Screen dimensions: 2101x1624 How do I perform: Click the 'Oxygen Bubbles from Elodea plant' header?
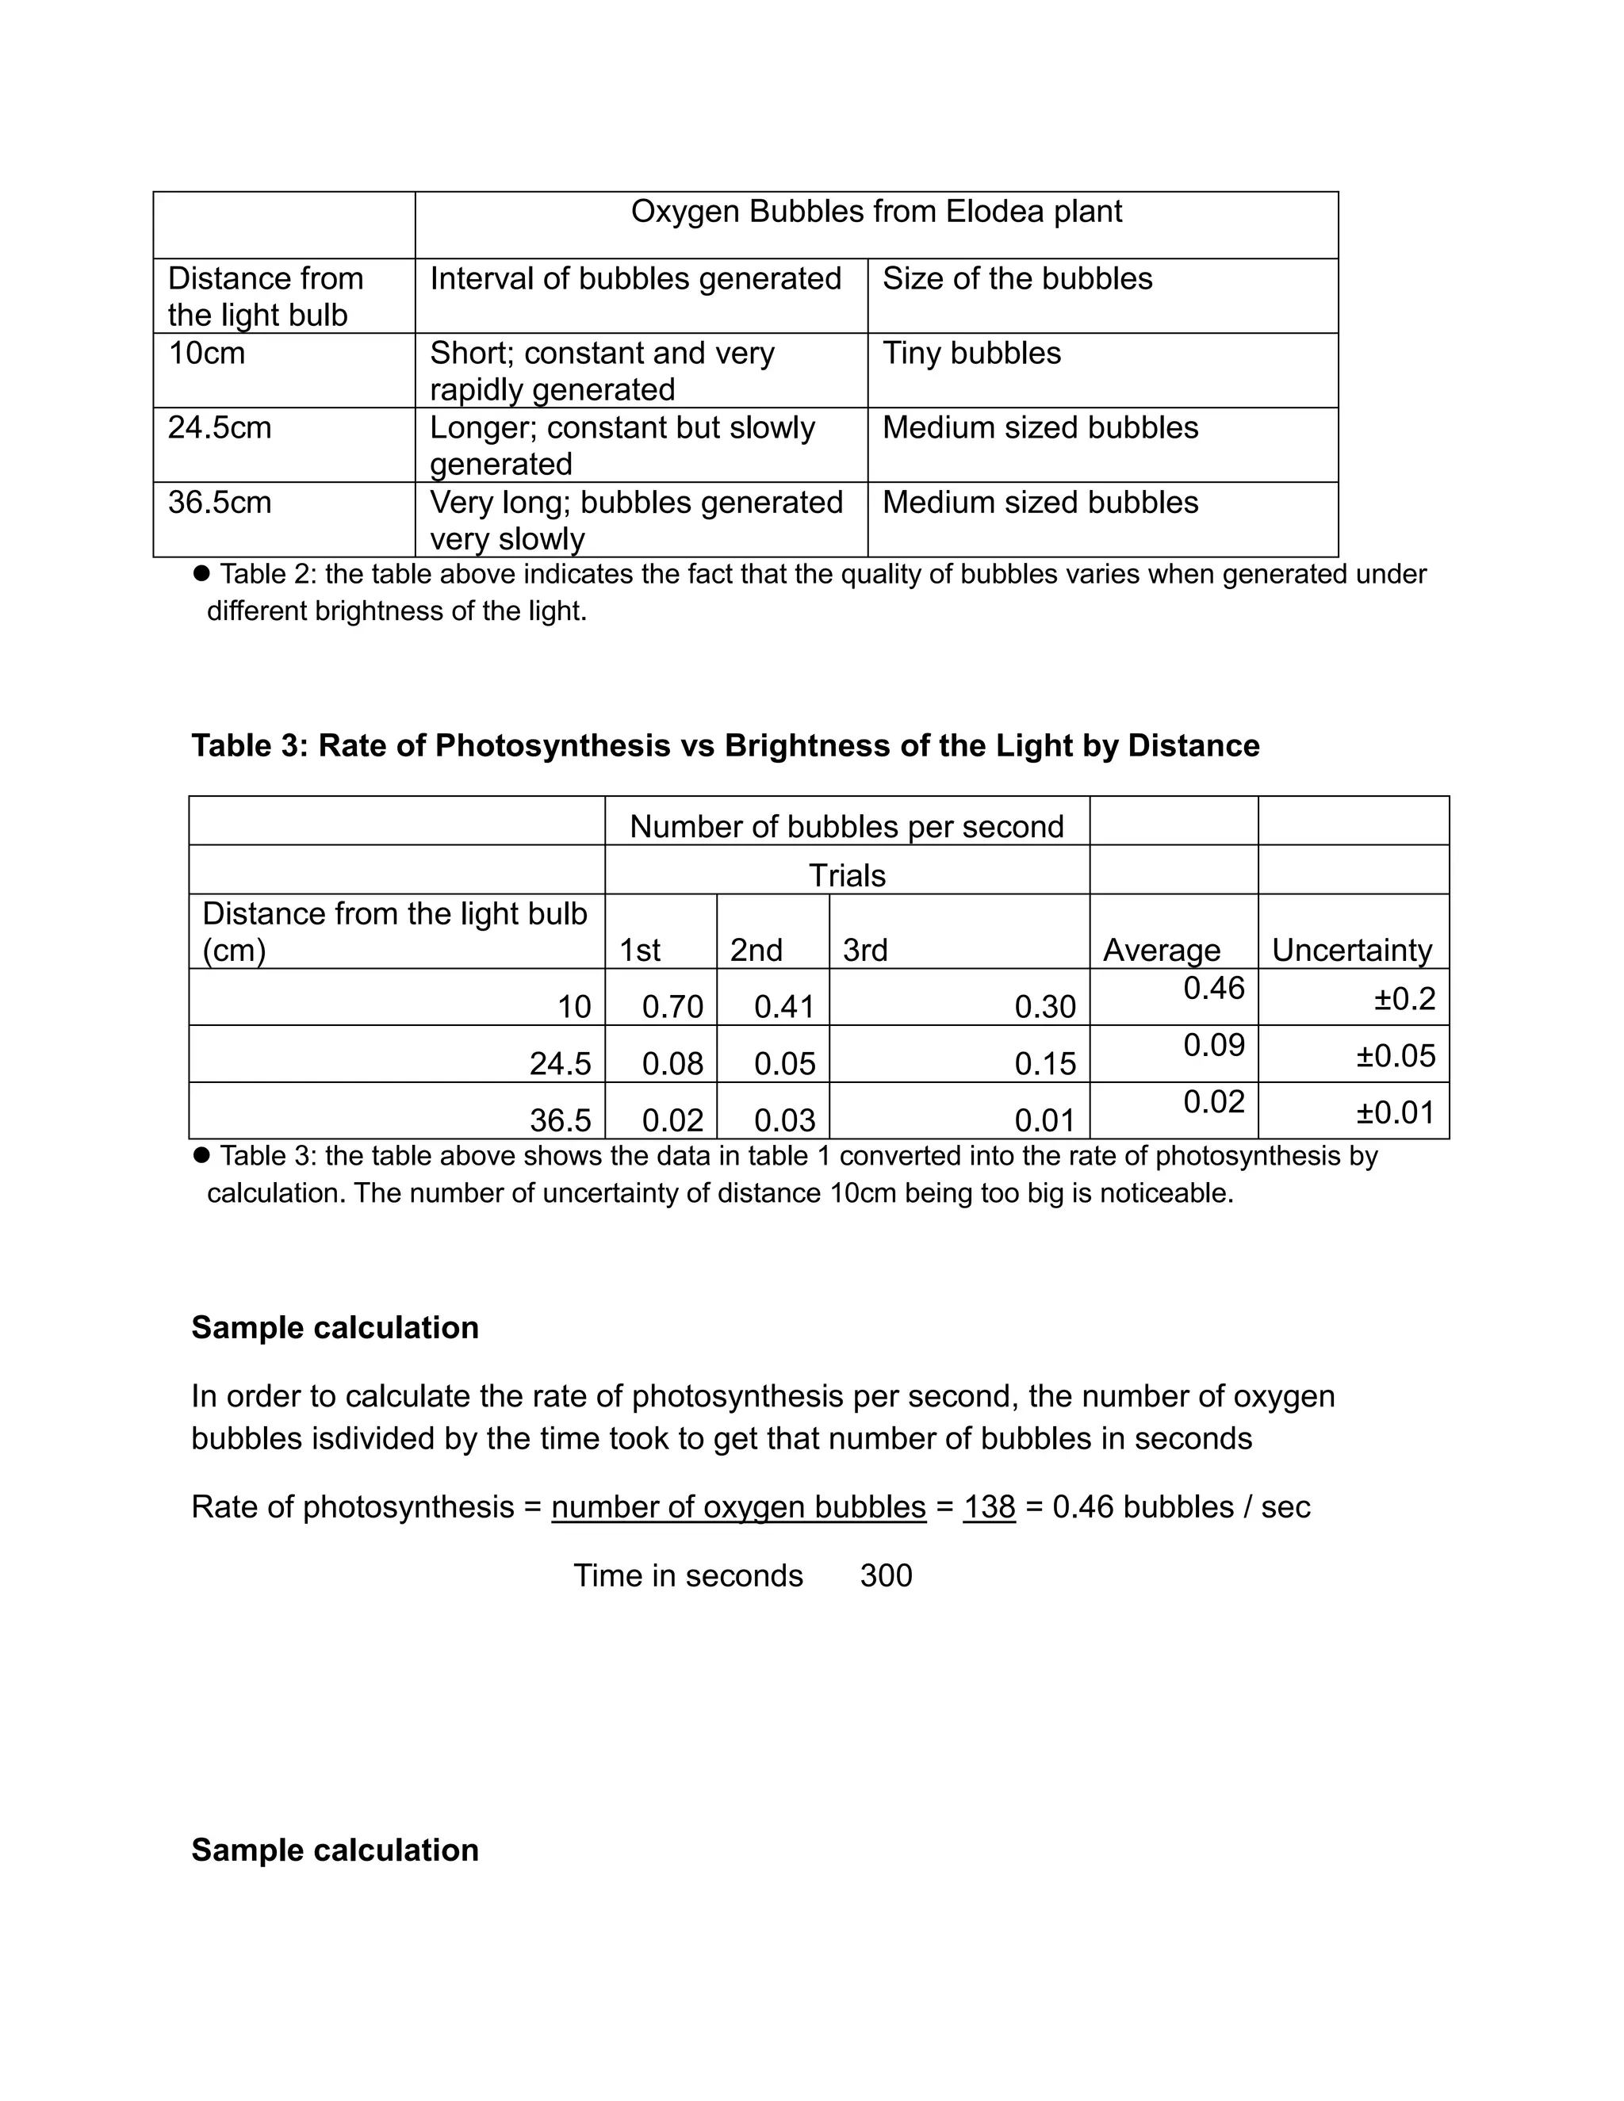pyautogui.click(x=875, y=212)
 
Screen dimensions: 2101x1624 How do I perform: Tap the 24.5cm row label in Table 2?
pyautogui.click(x=220, y=427)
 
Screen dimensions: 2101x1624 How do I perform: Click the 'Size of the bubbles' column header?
pyautogui.click(x=1017, y=279)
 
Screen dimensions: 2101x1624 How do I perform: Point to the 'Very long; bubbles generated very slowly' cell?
pyautogui.click(x=636, y=519)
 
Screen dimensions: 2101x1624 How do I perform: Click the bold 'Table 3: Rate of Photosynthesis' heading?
pyautogui.click(x=725, y=745)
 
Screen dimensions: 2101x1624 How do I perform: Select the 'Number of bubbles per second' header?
pyautogui.click(x=847, y=826)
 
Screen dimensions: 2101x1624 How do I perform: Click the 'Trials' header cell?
pyautogui.click(x=847, y=875)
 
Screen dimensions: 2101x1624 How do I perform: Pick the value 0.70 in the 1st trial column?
pyautogui.click(x=672, y=1007)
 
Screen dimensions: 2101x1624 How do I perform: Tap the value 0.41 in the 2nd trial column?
pyautogui.click(x=784, y=1007)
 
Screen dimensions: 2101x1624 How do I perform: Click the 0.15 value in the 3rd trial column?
pyautogui.click(x=1045, y=1064)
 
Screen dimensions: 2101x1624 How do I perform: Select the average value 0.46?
pyautogui.click(x=1214, y=989)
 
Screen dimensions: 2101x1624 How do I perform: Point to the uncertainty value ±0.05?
pyautogui.click(x=1395, y=1056)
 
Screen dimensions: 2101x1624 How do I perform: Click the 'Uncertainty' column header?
pyautogui.click(x=1352, y=951)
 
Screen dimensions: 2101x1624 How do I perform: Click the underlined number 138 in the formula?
pyautogui.click(x=989, y=1506)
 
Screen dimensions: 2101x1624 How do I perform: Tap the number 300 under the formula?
pyautogui.click(x=886, y=1576)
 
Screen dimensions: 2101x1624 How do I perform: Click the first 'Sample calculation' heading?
pyautogui.click(x=335, y=1327)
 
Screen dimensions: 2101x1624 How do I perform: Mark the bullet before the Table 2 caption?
pyautogui.click(x=201, y=573)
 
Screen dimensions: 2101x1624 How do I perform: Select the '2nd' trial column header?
pyautogui.click(x=756, y=951)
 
